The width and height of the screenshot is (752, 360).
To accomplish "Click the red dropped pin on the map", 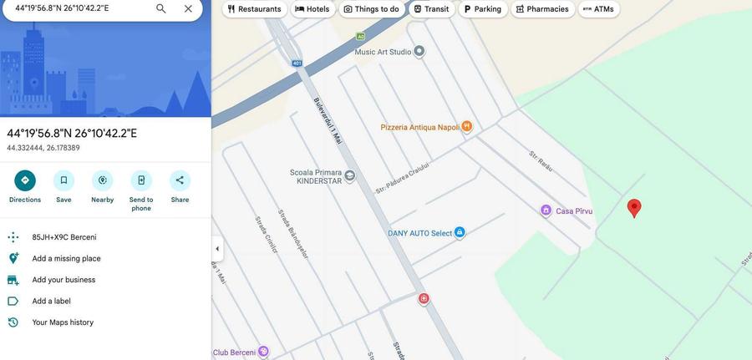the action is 634,207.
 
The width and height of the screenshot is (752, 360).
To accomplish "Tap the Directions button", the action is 25,180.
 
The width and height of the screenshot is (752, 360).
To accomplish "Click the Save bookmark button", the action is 64,180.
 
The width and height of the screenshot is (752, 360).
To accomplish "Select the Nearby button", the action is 103,180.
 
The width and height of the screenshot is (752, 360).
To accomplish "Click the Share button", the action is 180,180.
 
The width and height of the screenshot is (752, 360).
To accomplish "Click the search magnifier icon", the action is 161,8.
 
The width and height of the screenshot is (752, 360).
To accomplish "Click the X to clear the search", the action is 188,8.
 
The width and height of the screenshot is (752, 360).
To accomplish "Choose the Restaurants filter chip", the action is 254,9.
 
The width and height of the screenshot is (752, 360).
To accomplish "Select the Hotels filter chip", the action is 312,9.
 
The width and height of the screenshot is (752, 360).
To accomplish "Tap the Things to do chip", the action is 371,9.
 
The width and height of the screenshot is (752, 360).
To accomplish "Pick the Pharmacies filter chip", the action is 542,9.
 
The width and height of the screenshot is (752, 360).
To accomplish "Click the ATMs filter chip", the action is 598,9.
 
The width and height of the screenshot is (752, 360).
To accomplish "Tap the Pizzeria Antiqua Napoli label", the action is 420,127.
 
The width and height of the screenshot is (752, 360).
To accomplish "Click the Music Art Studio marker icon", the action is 419,52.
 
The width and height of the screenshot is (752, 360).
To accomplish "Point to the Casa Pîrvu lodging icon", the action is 546,210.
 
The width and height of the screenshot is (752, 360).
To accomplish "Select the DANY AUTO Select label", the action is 419,234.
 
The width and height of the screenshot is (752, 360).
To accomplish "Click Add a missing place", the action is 66,259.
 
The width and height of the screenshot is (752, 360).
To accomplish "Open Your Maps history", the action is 63,322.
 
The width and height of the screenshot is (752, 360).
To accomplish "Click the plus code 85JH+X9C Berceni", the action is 64,237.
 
